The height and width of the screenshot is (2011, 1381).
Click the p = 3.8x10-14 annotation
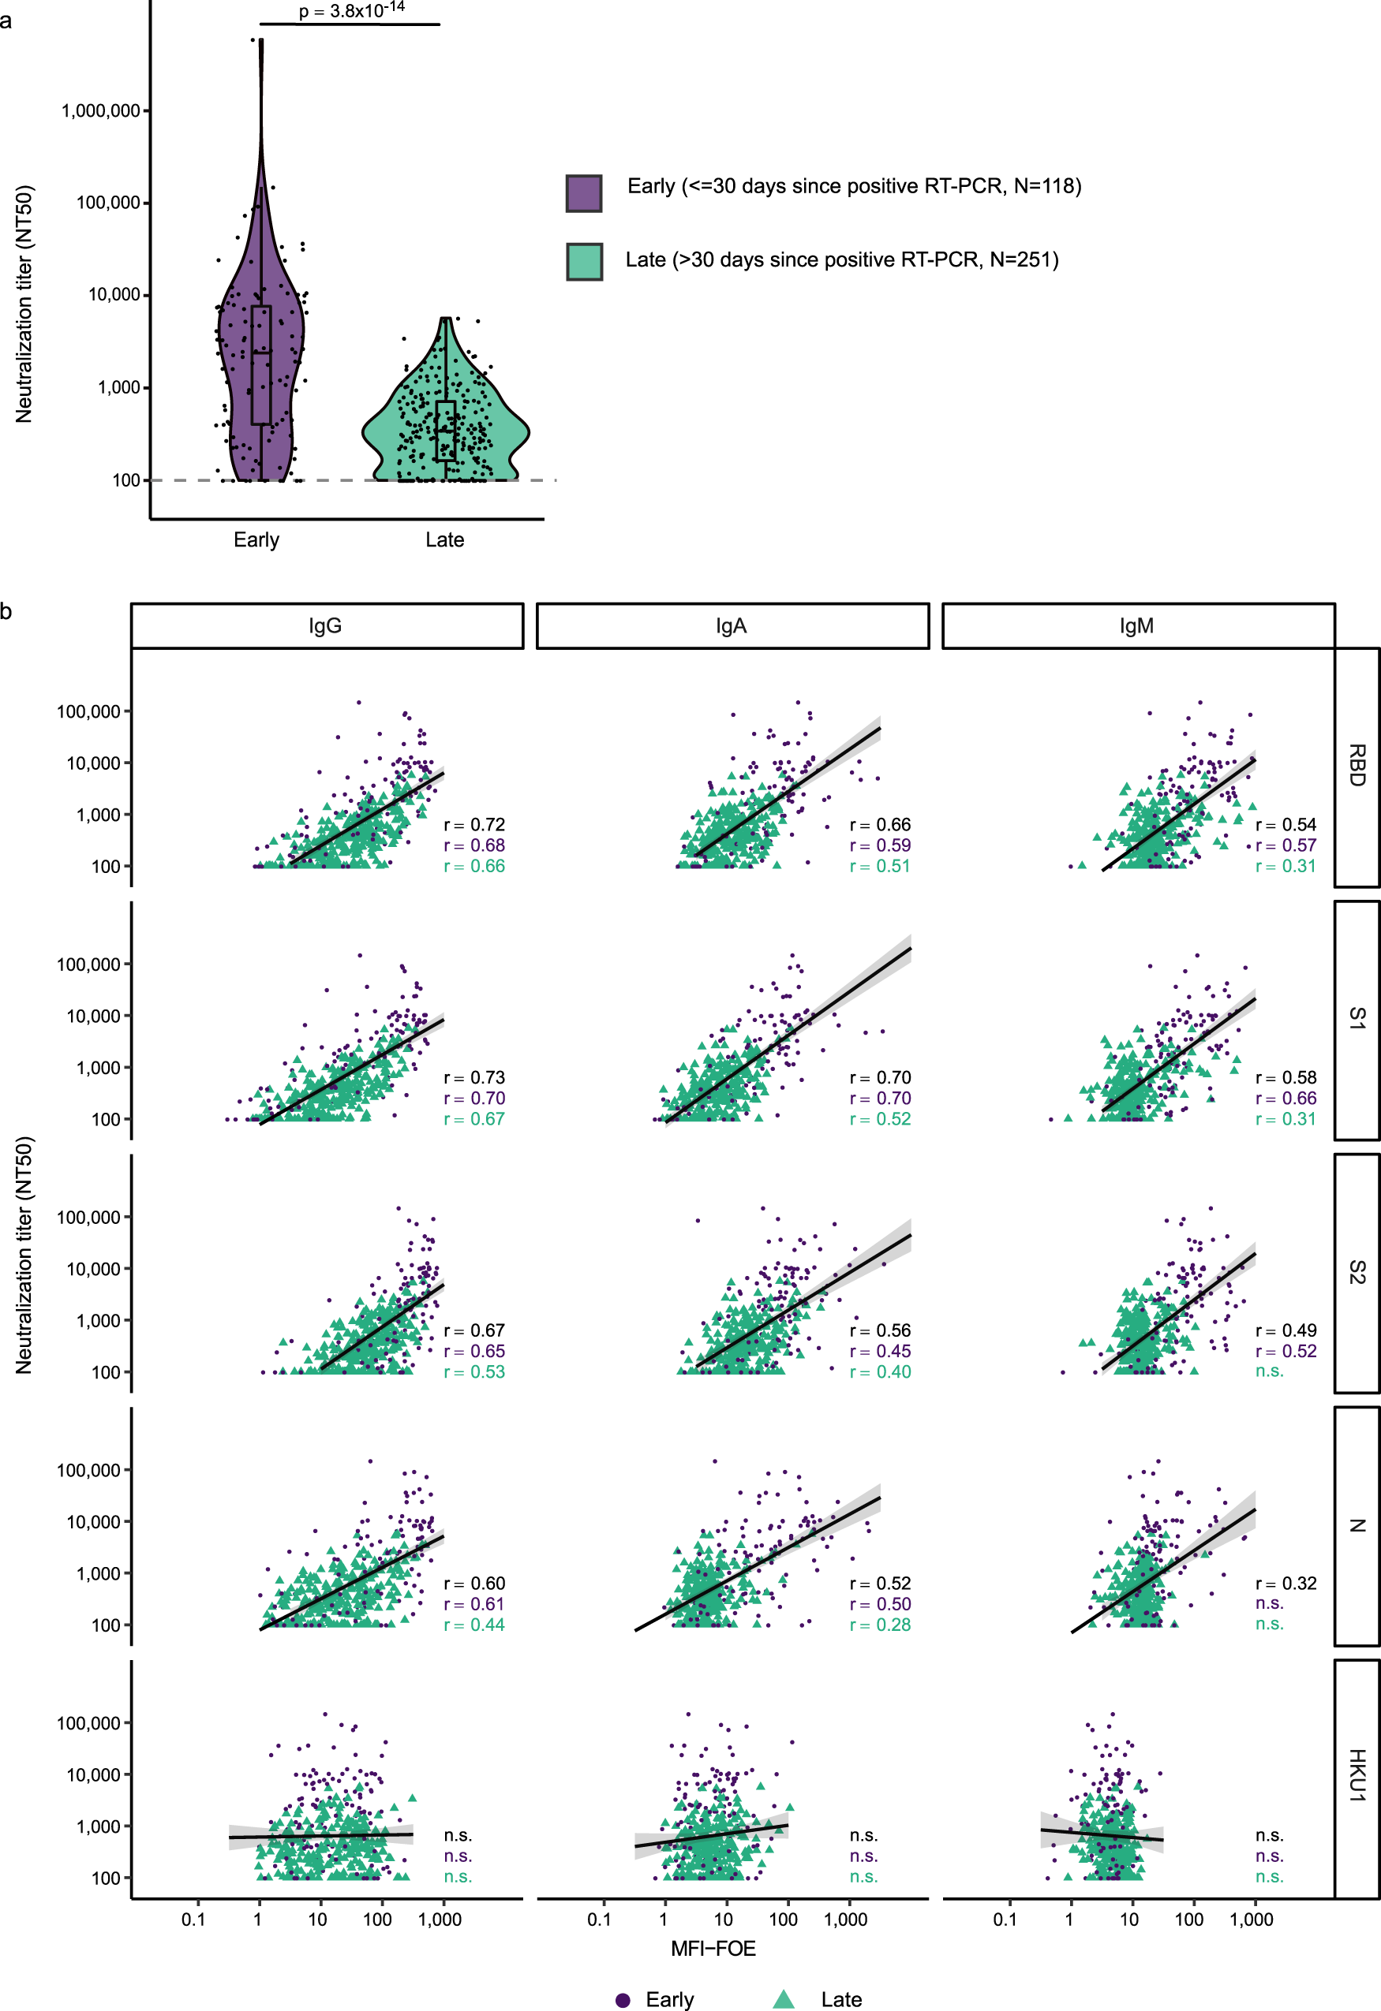(351, 11)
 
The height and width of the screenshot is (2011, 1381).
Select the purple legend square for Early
(583, 193)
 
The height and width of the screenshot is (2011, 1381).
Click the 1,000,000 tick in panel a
(100, 110)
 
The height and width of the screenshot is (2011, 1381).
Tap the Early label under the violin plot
(256, 540)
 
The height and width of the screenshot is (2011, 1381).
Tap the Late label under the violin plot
(444, 540)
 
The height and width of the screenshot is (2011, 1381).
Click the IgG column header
(327, 625)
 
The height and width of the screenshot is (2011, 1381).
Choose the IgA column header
(732, 625)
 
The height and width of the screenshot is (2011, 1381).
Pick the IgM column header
(1137, 625)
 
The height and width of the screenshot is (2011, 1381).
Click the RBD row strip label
(1357, 766)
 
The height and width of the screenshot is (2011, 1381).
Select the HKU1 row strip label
(1357, 1776)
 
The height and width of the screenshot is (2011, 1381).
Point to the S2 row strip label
(1357, 1272)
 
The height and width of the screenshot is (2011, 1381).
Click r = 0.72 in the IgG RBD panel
(474, 825)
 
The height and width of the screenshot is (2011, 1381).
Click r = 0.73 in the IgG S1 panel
(474, 1077)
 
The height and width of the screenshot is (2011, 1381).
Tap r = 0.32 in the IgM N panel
(1286, 1584)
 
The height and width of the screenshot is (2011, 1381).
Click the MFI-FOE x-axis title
(713, 1949)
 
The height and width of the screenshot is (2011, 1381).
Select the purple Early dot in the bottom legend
(623, 2000)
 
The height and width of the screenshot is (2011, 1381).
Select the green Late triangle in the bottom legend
(784, 1999)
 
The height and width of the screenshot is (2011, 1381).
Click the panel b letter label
(7, 613)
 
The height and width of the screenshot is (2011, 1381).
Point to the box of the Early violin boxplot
(260, 364)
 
